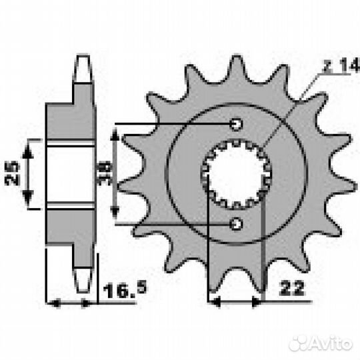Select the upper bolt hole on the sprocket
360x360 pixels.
tap(236, 123)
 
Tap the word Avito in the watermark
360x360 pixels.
tap(329, 343)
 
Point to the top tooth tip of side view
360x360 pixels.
tap(82, 64)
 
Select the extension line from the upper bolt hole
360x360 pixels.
tap(173, 123)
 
